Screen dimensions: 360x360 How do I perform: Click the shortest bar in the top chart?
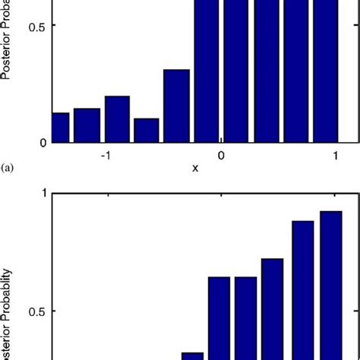point(146,130)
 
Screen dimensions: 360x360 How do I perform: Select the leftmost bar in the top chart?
point(61,127)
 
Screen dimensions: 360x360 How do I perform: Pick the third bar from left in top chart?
point(117,119)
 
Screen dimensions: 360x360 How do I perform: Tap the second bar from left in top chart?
point(87,125)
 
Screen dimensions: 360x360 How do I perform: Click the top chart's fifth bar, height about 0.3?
point(176,106)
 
